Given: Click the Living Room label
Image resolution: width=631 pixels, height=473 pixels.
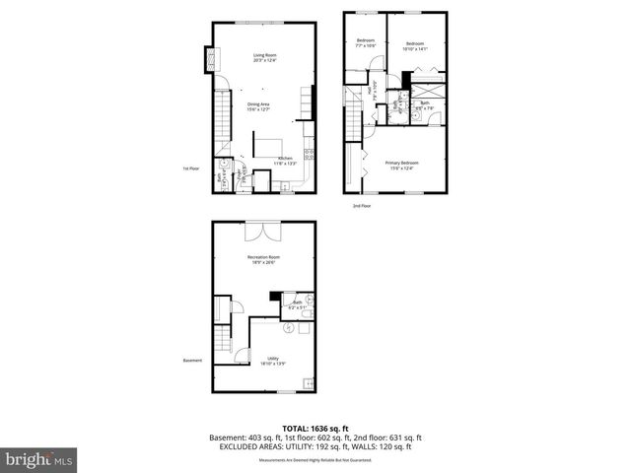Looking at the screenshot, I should pos(263,57).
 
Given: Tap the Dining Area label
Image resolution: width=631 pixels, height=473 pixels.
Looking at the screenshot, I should pos(258,106).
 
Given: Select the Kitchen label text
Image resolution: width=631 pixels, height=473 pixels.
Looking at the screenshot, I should pos(285,161).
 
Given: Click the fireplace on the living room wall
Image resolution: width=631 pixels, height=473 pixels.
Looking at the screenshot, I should pos(208,59).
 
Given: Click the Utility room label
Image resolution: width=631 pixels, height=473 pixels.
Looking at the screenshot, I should pos(273,361).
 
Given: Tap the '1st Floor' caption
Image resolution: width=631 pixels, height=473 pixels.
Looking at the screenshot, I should pos(191,169).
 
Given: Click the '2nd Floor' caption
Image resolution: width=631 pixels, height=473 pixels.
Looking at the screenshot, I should pos(363,206).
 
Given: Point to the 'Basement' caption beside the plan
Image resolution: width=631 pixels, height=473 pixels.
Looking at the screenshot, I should pos(191,360).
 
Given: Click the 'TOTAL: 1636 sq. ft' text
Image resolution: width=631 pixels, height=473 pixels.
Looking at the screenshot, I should pos(315,428).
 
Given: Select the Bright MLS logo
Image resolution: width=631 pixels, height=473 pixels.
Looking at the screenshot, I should pos(39,459).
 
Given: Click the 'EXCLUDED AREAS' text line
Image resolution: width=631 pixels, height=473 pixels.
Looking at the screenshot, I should pos(315,445).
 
